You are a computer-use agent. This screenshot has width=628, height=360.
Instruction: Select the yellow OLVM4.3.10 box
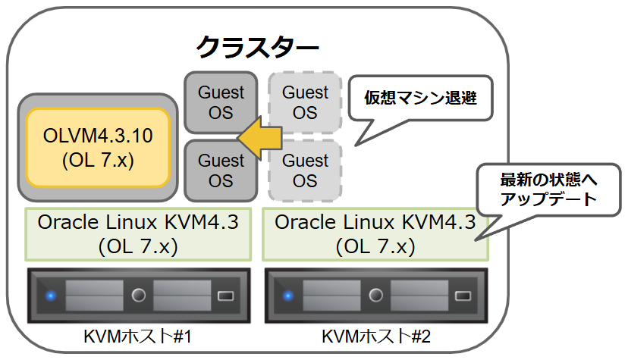(96, 148)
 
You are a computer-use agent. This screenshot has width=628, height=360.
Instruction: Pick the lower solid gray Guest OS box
(221, 171)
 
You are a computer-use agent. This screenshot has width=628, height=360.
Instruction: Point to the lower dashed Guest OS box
(305, 171)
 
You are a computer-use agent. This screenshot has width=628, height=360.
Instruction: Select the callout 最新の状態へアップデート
(548, 190)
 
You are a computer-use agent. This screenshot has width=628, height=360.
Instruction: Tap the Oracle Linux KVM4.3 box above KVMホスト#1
(138, 234)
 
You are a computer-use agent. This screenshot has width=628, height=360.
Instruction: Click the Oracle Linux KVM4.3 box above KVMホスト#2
(375, 234)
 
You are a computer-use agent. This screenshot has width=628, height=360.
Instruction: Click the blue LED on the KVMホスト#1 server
(50, 295)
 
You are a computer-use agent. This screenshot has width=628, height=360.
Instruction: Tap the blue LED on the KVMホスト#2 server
(287, 295)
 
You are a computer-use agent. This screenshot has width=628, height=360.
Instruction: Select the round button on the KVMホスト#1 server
(138, 295)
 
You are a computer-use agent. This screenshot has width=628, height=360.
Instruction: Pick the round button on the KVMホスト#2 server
(375, 295)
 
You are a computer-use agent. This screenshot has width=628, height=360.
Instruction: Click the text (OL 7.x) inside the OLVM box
(96, 161)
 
